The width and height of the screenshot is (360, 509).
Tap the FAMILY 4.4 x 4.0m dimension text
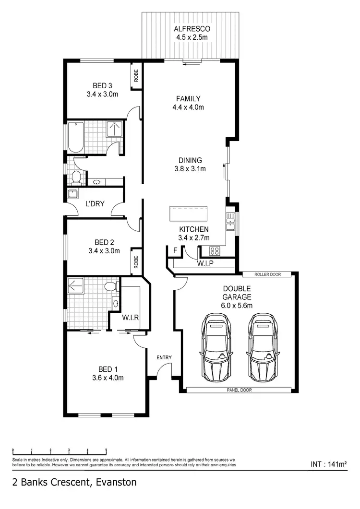click(188, 107)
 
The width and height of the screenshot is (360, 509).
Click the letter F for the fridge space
click(175, 251)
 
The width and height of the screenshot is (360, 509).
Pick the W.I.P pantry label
click(205, 264)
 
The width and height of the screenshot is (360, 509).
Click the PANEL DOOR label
click(239, 391)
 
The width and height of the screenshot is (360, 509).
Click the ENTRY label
click(164, 358)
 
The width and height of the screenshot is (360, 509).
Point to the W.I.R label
click(130, 317)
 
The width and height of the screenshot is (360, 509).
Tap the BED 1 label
click(108, 369)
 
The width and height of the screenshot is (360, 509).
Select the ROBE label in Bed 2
click(136, 261)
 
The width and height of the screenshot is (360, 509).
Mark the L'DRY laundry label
click(95, 203)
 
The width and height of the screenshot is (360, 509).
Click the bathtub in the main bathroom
click(76, 138)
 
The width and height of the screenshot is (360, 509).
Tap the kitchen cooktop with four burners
click(214, 250)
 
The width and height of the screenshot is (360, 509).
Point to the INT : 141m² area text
click(329, 464)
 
